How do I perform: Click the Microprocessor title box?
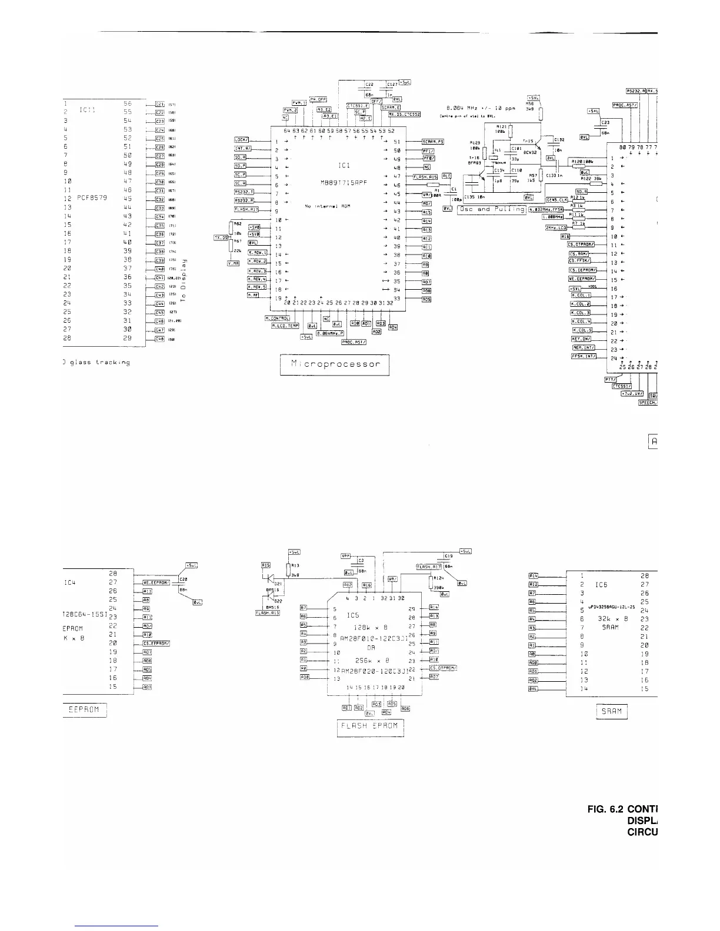(x=335, y=364)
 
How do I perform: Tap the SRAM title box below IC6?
(x=612, y=711)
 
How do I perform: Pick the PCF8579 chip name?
(x=92, y=199)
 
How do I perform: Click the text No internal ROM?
(x=324, y=206)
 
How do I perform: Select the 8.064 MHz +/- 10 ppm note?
(x=481, y=108)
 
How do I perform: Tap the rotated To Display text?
(x=184, y=280)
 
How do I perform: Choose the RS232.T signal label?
(x=244, y=192)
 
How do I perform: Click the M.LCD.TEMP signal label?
(x=285, y=325)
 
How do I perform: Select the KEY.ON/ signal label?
(x=581, y=339)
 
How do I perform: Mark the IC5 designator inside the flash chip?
(x=352, y=615)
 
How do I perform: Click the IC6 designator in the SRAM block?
(x=601, y=585)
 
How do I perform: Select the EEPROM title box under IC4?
(x=85, y=710)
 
